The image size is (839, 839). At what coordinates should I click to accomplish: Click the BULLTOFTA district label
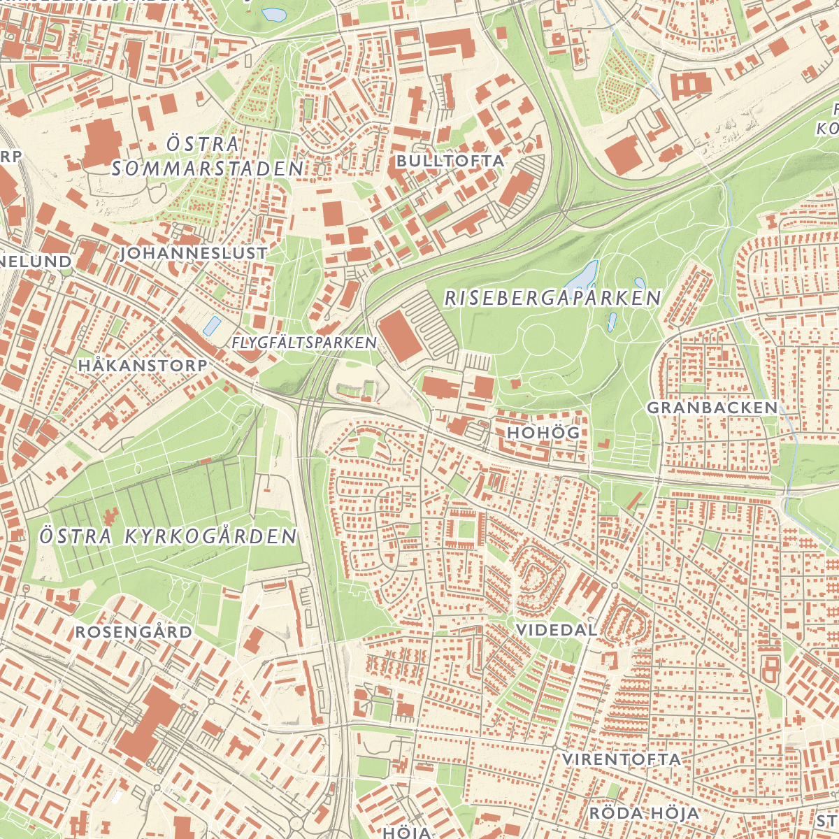(450, 161)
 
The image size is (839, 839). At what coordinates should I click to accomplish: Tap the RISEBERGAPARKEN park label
(552, 299)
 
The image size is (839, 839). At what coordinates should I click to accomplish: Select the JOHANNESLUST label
(193, 253)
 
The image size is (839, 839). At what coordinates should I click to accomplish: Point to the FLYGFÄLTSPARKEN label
(303, 343)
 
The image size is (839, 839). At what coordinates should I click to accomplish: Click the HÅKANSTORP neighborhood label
(143, 366)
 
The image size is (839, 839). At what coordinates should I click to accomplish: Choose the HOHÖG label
(543, 433)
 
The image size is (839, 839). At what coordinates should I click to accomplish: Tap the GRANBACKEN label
(712, 408)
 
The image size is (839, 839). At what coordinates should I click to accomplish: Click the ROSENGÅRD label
(134, 632)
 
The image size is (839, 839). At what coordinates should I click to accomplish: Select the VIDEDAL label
(557, 630)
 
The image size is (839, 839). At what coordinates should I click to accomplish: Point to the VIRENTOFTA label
(621, 759)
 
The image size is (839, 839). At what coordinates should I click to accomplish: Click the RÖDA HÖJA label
(644, 813)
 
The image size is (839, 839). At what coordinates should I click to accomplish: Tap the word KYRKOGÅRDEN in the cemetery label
(210, 536)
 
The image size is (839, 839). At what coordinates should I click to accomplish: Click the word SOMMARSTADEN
(208, 168)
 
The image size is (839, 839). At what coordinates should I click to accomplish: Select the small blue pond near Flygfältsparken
(211, 325)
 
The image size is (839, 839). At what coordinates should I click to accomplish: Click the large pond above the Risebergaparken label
(584, 276)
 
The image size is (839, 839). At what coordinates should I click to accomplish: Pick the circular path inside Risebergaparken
(536, 340)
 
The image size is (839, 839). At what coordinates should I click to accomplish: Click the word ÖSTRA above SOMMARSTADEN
(203, 144)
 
